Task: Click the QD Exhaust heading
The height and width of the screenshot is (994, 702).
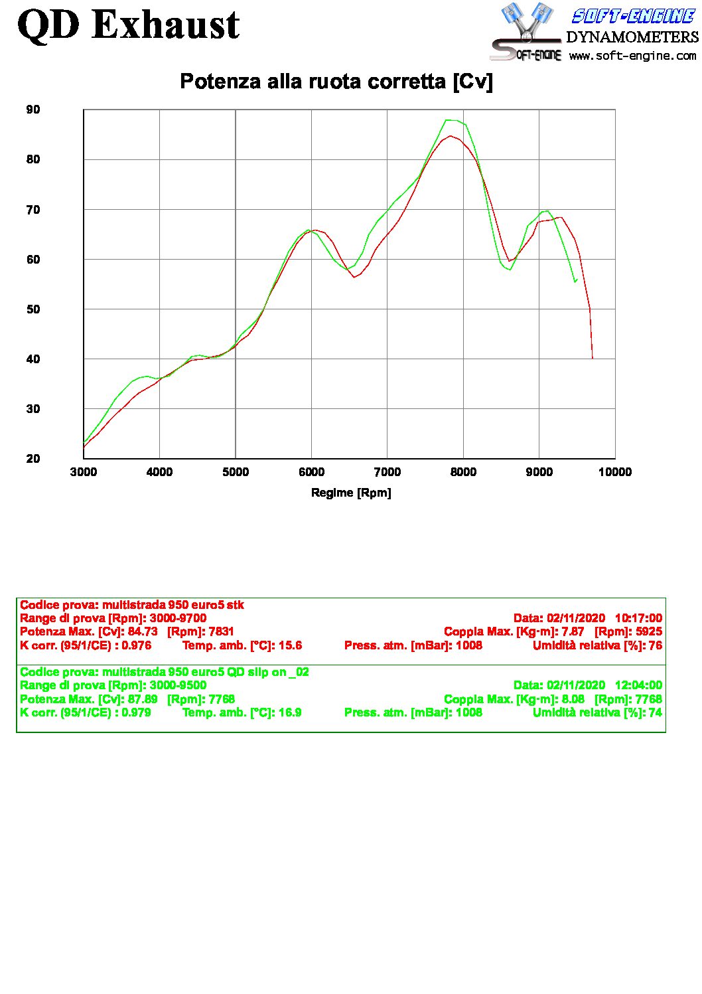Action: (128, 25)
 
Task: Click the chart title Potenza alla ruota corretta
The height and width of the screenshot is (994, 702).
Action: (336, 82)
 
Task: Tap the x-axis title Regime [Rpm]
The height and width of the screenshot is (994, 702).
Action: (351, 493)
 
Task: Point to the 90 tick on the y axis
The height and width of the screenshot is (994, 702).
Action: (33, 110)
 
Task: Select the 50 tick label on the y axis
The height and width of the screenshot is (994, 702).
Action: (33, 309)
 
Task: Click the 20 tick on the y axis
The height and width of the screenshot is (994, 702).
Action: (33, 459)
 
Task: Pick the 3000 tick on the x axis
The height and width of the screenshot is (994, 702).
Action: (84, 472)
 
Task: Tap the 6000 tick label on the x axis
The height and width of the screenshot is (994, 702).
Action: (311, 472)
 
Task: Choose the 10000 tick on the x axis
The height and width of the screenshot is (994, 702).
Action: (615, 472)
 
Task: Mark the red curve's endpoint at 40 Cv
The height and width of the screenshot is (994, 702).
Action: (593, 359)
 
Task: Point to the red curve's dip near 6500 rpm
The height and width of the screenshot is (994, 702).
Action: (354, 277)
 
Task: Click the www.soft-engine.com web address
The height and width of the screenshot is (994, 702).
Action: (632, 56)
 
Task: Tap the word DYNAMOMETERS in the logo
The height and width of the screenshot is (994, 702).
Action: (632, 37)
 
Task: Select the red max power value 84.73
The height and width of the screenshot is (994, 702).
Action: (143, 631)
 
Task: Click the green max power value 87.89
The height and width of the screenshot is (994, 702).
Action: (143, 699)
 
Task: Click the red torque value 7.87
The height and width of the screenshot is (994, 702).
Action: (573, 631)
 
